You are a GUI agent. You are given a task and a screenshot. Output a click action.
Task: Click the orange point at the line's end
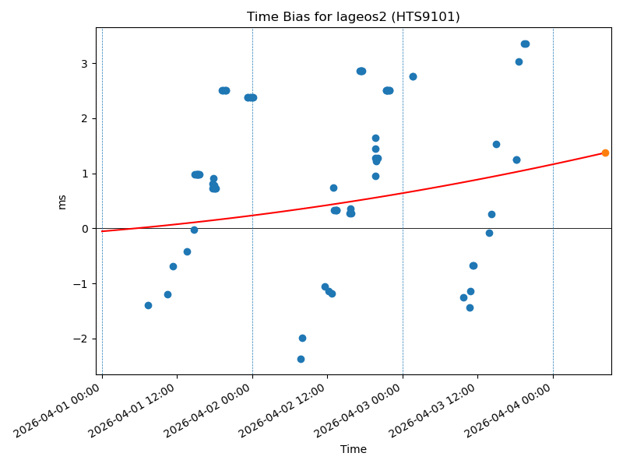(605, 153)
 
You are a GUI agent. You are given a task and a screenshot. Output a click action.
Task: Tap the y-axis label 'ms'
(62, 202)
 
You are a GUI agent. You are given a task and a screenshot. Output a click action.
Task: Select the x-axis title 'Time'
(353, 449)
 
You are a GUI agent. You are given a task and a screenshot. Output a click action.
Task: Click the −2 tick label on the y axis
(84, 339)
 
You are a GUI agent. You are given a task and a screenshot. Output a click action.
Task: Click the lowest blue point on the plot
(301, 359)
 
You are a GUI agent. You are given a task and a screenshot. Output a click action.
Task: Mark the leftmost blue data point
(148, 305)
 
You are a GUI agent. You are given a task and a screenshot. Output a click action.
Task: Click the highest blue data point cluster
(525, 44)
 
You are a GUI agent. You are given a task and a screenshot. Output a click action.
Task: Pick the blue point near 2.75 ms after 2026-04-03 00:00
(413, 76)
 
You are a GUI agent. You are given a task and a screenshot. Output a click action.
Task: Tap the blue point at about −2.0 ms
(302, 338)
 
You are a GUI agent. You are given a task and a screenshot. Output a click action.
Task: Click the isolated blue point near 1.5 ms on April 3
(496, 144)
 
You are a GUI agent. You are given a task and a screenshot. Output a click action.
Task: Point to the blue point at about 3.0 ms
(519, 61)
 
